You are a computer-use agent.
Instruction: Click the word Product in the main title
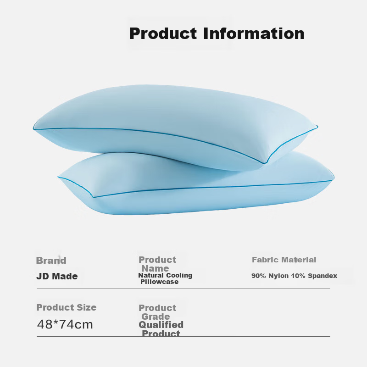[163, 33]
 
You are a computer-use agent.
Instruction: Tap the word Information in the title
[254, 33]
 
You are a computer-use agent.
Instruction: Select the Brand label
[51, 261]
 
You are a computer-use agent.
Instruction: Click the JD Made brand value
[57, 276]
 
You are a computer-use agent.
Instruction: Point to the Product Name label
[157, 264]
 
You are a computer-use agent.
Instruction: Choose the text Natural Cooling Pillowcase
[165, 278]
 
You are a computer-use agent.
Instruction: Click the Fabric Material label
[284, 260]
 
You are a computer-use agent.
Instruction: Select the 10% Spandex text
[314, 276]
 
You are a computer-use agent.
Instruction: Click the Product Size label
[67, 307]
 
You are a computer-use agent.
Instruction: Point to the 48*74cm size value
[65, 324]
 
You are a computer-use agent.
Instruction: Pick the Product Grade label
[157, 312]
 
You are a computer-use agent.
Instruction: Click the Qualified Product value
[161, 329]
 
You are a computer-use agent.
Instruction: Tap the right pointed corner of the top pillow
[317, 127]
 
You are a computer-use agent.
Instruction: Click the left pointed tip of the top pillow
[33, 128]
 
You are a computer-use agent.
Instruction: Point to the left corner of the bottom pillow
[58, 177]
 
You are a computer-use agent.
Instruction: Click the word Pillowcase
[159, 282]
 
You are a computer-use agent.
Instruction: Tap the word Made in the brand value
[65, 276]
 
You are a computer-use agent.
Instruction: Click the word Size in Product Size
[87, 307]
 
